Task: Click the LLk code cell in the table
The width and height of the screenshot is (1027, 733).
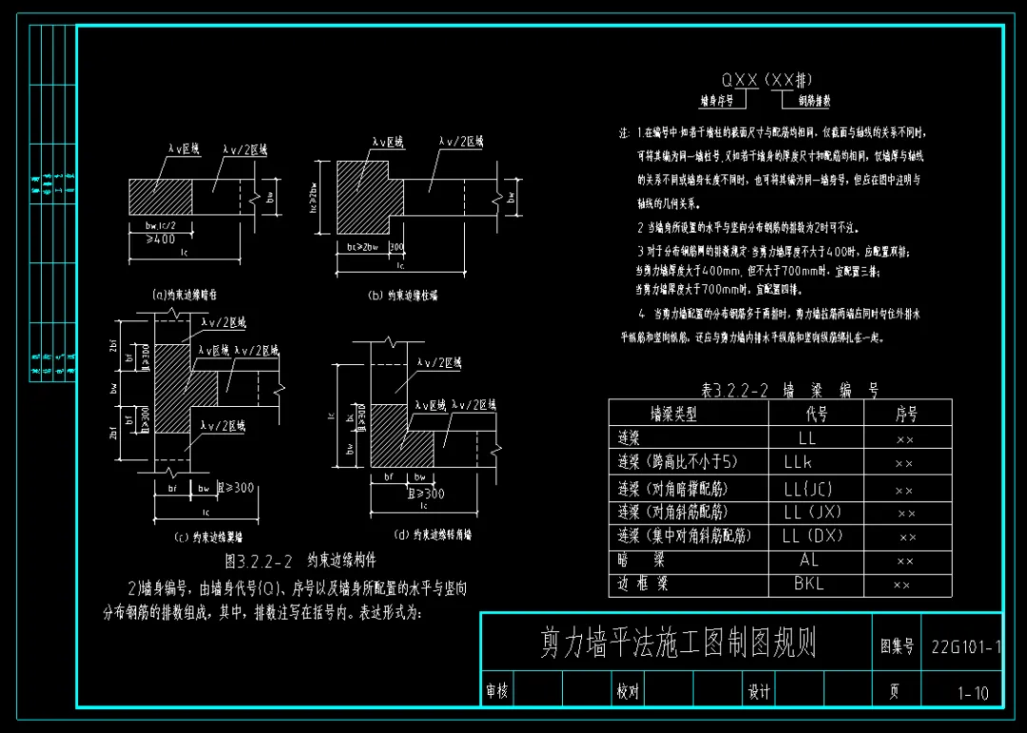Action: point(799,463)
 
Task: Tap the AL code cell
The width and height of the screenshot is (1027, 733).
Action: point(808,560)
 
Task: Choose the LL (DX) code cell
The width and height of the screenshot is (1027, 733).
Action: point(812,536)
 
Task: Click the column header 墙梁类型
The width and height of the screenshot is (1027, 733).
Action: point(673,414)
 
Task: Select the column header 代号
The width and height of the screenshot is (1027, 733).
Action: point(816,414)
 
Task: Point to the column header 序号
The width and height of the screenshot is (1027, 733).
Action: point(906,414)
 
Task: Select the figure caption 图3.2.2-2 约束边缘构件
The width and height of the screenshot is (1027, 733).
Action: point(300,560)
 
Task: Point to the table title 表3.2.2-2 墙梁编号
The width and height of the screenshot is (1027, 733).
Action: point(789,390)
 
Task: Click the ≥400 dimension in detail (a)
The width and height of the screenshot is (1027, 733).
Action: point(162,239)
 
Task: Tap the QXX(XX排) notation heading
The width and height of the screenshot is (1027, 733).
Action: point(766,81)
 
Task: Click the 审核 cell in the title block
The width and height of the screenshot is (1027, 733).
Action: point(496,692)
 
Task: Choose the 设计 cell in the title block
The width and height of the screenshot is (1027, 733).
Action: point(759,692)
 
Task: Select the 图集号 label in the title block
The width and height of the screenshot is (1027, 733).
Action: point(897,646)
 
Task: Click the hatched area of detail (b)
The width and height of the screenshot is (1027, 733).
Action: point(362,195)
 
